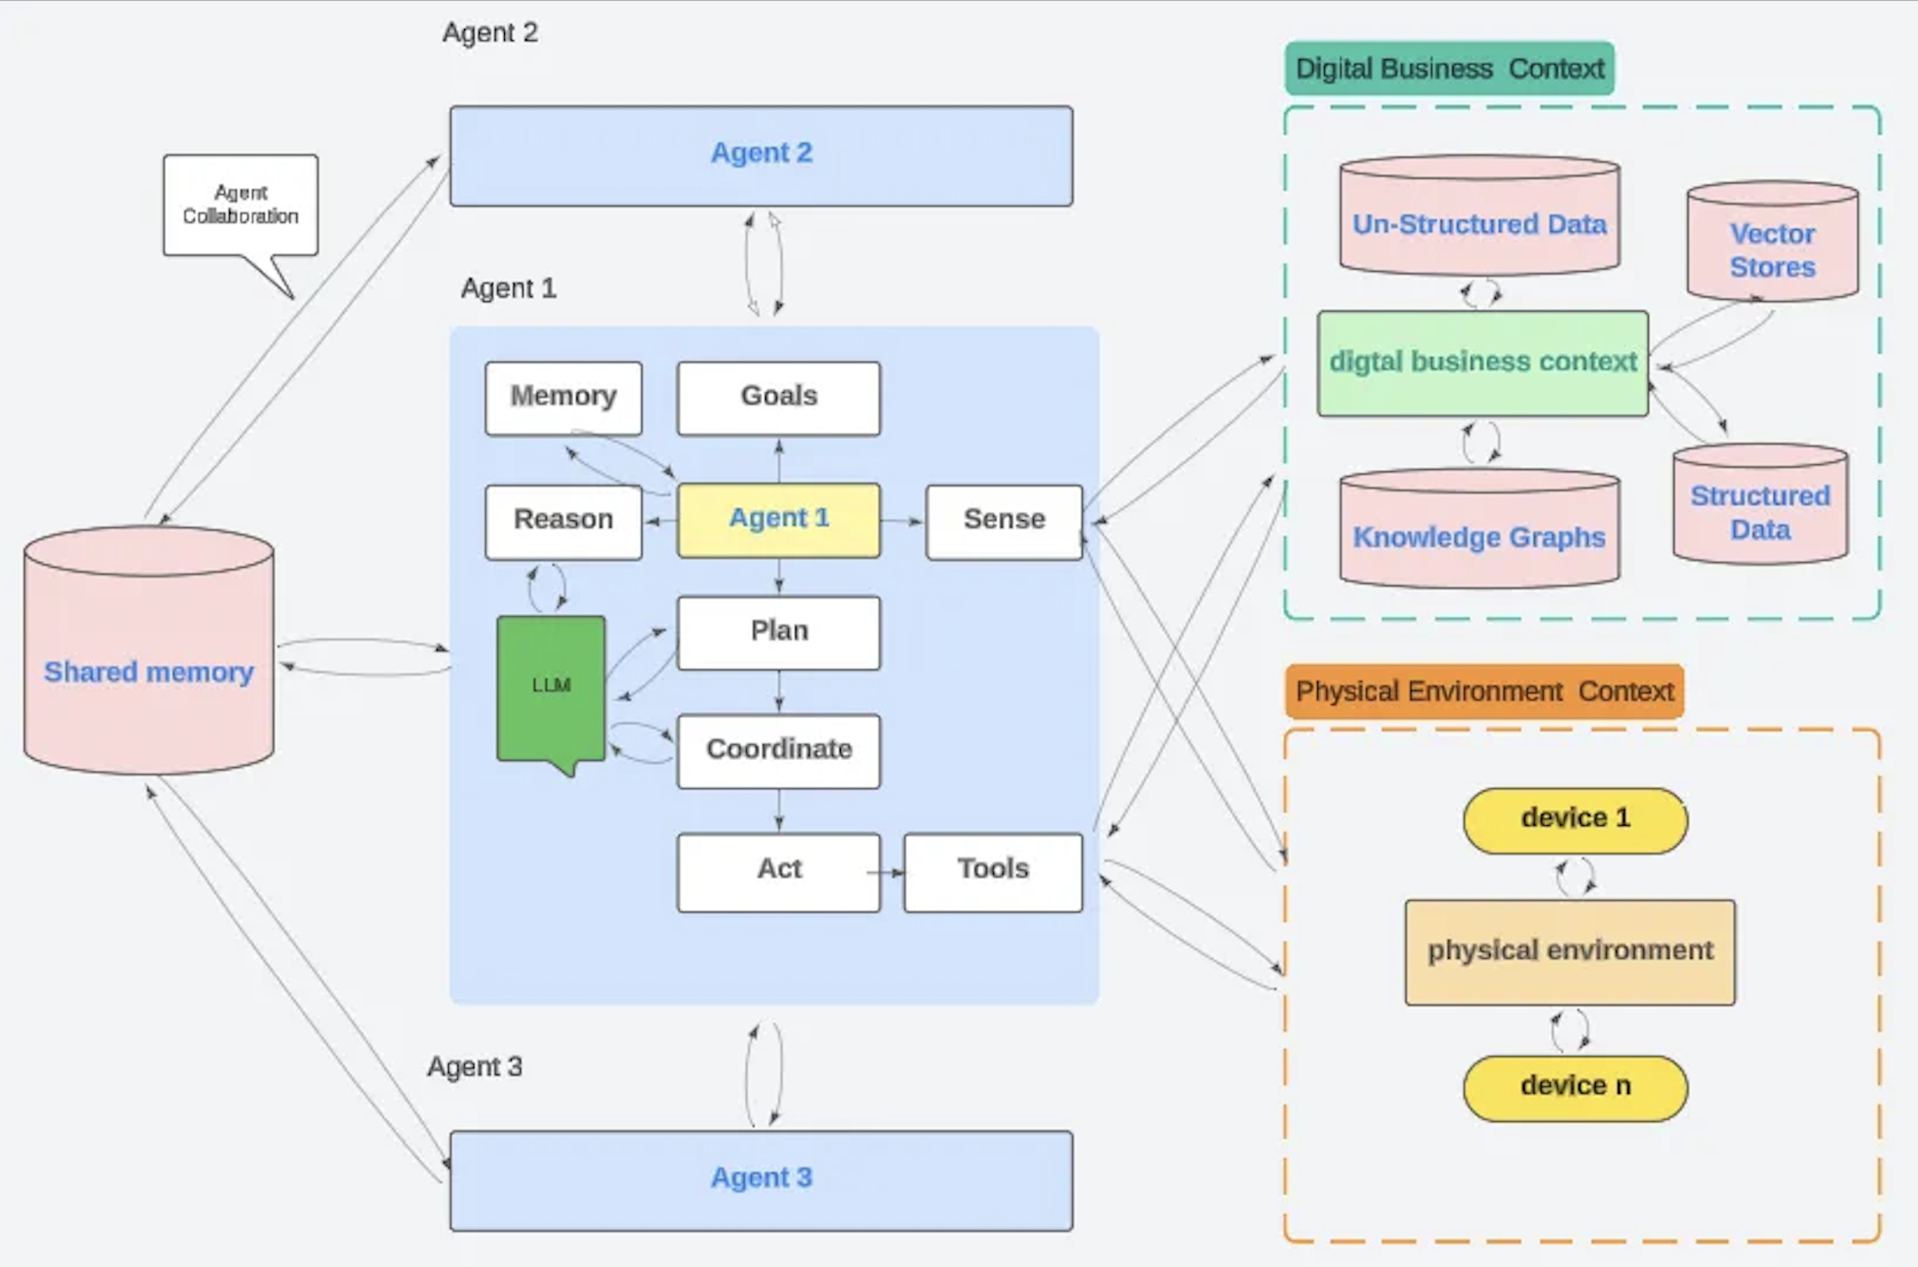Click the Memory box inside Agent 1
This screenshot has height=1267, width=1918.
click(563, 398)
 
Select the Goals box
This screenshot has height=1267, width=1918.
click(778, 398)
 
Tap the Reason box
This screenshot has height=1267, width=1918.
click(563, 521)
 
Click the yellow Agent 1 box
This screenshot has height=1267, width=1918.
click(778, 520)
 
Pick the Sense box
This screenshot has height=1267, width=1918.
click(1004, 521)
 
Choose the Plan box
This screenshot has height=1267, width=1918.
click(778, 632)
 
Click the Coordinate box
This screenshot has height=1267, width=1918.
click(778, 751)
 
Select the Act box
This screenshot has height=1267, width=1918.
click(778, 872)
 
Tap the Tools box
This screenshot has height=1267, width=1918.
click(992, 872)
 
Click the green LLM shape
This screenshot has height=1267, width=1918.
click(551, 688)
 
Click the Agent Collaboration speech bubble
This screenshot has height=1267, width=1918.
click(240, 205)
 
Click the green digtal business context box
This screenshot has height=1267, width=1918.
click(1482, 363)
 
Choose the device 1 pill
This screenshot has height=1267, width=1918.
click(1575, 820)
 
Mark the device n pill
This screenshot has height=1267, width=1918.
click(1575, 1088)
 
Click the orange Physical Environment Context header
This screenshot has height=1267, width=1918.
click(1484, 692)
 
